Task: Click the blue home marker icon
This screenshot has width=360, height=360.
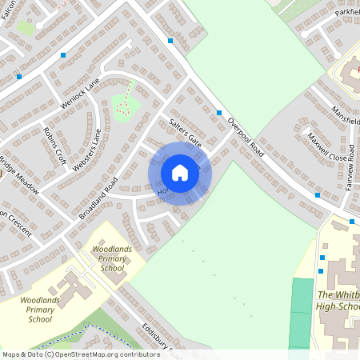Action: point(180,172)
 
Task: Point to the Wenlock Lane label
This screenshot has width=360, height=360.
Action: point(81,92)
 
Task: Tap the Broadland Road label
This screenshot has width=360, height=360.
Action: point(98,198)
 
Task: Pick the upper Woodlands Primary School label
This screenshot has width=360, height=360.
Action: point(107,259)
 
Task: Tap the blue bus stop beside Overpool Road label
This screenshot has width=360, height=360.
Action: point(219,113)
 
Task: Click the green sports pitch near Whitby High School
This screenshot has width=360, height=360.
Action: point(300,312)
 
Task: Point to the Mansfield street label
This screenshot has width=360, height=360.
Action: point(346,112)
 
